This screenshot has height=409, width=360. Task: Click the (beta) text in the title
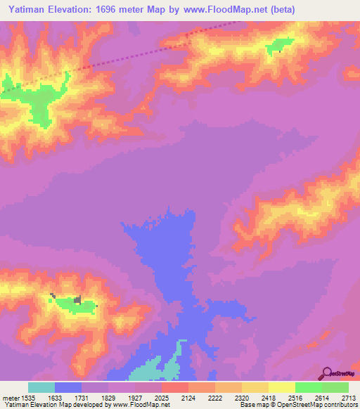click(x=279, y=9)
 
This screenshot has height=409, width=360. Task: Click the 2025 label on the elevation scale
click(x=162, y=398)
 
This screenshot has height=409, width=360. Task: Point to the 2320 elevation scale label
click(x=242, y=398)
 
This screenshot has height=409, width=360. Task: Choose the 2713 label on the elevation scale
click(x=349, y=398)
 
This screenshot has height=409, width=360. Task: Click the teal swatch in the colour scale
click(x=41, y=387)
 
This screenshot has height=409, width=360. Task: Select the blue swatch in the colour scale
click(x=68, y=387)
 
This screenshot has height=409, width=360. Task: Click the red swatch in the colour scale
click(x=175, y=387)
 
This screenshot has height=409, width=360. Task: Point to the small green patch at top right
click(x=278, y=45)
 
